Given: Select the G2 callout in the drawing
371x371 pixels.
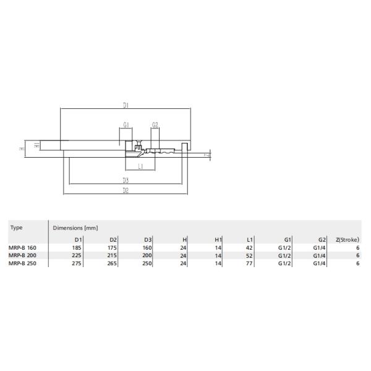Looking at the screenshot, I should point(155,125).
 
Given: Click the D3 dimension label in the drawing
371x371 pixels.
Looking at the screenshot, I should point(125,181).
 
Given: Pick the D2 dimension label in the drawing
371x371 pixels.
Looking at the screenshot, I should point(125,191).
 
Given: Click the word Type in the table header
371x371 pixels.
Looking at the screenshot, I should point(17,228).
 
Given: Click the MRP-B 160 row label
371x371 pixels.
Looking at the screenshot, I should point(24,247).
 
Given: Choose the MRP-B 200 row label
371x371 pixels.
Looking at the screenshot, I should point(24,255).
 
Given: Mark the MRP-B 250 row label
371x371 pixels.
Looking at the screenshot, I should point(24,263).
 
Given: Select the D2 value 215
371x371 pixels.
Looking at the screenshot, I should point(113,255).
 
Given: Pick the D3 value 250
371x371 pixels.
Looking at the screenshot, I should point(148,263).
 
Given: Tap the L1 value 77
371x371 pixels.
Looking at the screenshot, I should point(250,263).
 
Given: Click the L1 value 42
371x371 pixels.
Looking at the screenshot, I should point(250,247).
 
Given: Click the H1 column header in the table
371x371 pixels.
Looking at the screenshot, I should point(218,239).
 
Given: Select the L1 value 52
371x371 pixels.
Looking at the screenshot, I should point(250,255).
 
